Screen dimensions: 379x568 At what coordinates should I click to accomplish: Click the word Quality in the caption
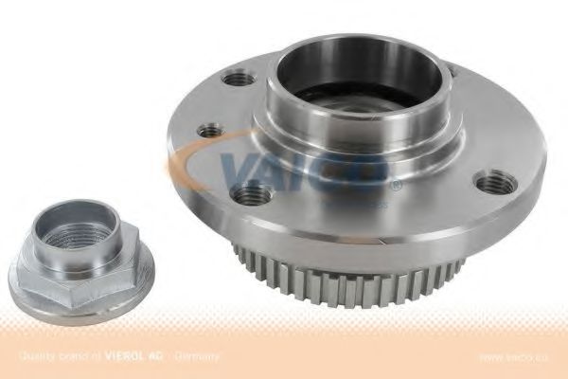(33, 356)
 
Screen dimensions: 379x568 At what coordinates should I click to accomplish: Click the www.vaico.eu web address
(517, 357)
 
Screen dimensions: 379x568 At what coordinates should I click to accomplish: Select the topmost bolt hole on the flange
(240, 79)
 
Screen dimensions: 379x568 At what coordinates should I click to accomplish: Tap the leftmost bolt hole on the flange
(210, 130)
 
